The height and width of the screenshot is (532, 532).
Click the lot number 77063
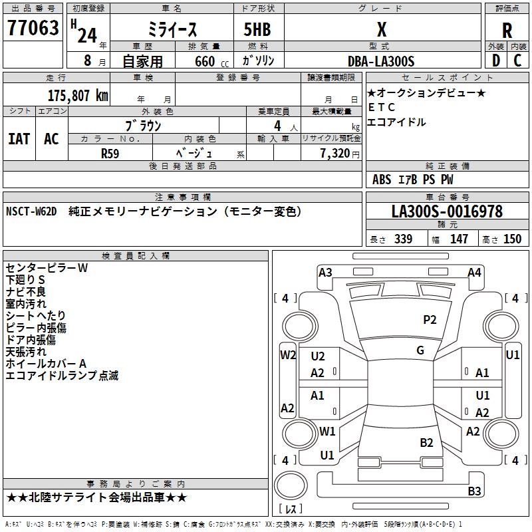[33, 29]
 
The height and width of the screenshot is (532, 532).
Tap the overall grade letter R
[507, 31]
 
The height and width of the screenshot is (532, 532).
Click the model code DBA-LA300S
[381, 61]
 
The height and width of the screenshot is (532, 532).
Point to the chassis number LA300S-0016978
[447, 211]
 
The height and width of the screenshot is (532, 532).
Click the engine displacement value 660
[205, 61]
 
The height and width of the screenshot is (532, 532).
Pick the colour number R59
[110, 152]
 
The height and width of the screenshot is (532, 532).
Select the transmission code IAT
[19, 138]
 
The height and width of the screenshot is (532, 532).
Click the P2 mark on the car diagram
[430, 320]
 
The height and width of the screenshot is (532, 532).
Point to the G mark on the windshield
[420, 350]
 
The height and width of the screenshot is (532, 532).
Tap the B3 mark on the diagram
[474, 491]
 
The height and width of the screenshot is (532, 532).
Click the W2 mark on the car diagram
[287, 354]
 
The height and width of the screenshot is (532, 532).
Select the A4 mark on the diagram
[474, 272]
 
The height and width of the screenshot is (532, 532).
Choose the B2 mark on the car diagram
[426, 442]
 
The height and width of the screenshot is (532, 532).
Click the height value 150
[512, 239]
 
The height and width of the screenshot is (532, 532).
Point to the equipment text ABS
[382, 180]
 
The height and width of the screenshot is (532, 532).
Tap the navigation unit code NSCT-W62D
[31, 211]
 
